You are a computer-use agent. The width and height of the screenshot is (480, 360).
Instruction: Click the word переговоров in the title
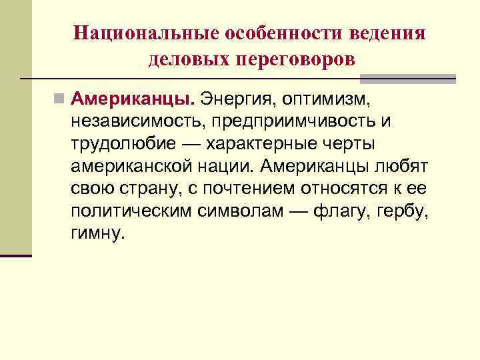[x=295, y=59]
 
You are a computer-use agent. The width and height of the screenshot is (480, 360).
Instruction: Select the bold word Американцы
[x=133, y=100]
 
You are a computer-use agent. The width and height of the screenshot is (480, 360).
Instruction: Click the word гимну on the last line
[x=97, y=233]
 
